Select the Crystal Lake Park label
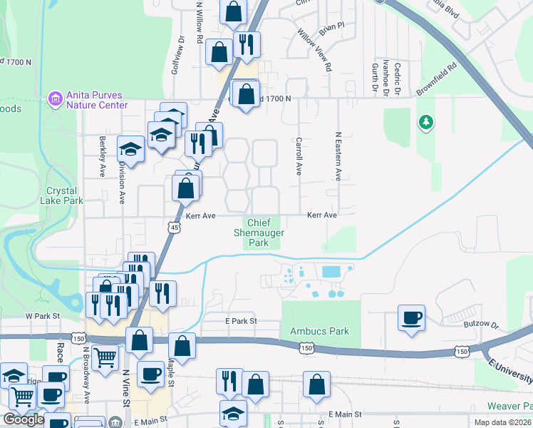coord(65,195)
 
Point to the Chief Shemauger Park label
coord(259,233)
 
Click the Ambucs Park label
coord(320,331)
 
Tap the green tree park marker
coord(426,123)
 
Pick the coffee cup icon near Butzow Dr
coord(412,317)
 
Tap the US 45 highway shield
coord(175,228)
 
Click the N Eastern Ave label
coord(338,155)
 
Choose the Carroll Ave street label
coord(299,156)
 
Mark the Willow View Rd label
coord(314,49)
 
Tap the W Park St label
coord(41,315)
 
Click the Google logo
coord(23,419)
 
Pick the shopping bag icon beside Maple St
coord(182,346)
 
